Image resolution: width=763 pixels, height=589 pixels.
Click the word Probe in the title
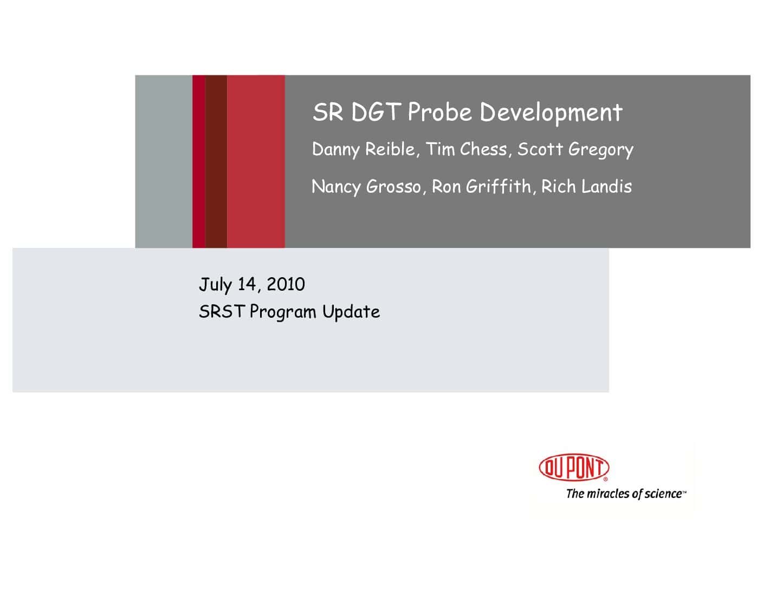pos(439,113)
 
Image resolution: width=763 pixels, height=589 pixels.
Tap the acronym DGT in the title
pos(376,112)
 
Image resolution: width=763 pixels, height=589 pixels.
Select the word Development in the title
pos(551,113)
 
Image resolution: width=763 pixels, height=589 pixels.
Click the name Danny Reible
pos(364,149)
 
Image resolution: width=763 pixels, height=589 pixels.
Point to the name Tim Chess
pos(466,149)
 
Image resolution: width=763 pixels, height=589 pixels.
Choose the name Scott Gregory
pos(576,149)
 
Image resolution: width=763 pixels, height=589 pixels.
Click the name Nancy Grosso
pos(366,187)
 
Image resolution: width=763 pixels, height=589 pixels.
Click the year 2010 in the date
pos(286,284)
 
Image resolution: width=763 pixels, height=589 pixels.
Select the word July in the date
pos(215,285)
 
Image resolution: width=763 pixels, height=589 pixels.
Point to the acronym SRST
pos(221,311)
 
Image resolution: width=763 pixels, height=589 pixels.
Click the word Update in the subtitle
pos(351,311)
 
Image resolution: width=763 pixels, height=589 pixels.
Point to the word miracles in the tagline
pos(609,494)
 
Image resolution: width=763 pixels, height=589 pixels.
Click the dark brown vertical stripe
pos(216,161)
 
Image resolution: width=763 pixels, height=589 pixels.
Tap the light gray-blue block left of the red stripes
pos(164,161)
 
